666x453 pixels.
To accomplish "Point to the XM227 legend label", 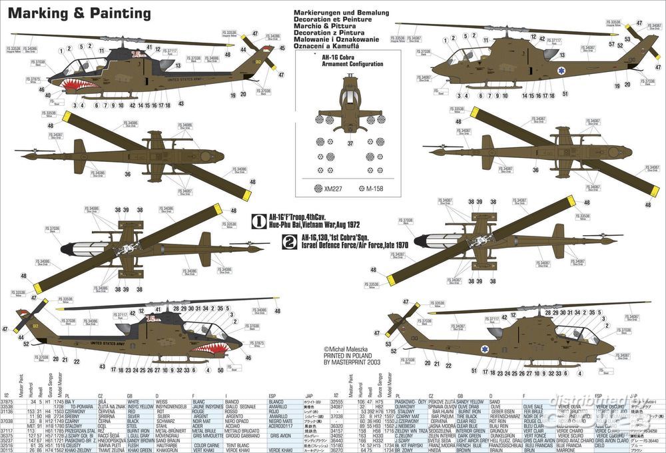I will pyautogui.click(x=333, y=189).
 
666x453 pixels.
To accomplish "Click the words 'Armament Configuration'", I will pyautogui.click(x=348, y=64).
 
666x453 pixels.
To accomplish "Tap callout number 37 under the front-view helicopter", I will pyautogui.click(x=350, y=143).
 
